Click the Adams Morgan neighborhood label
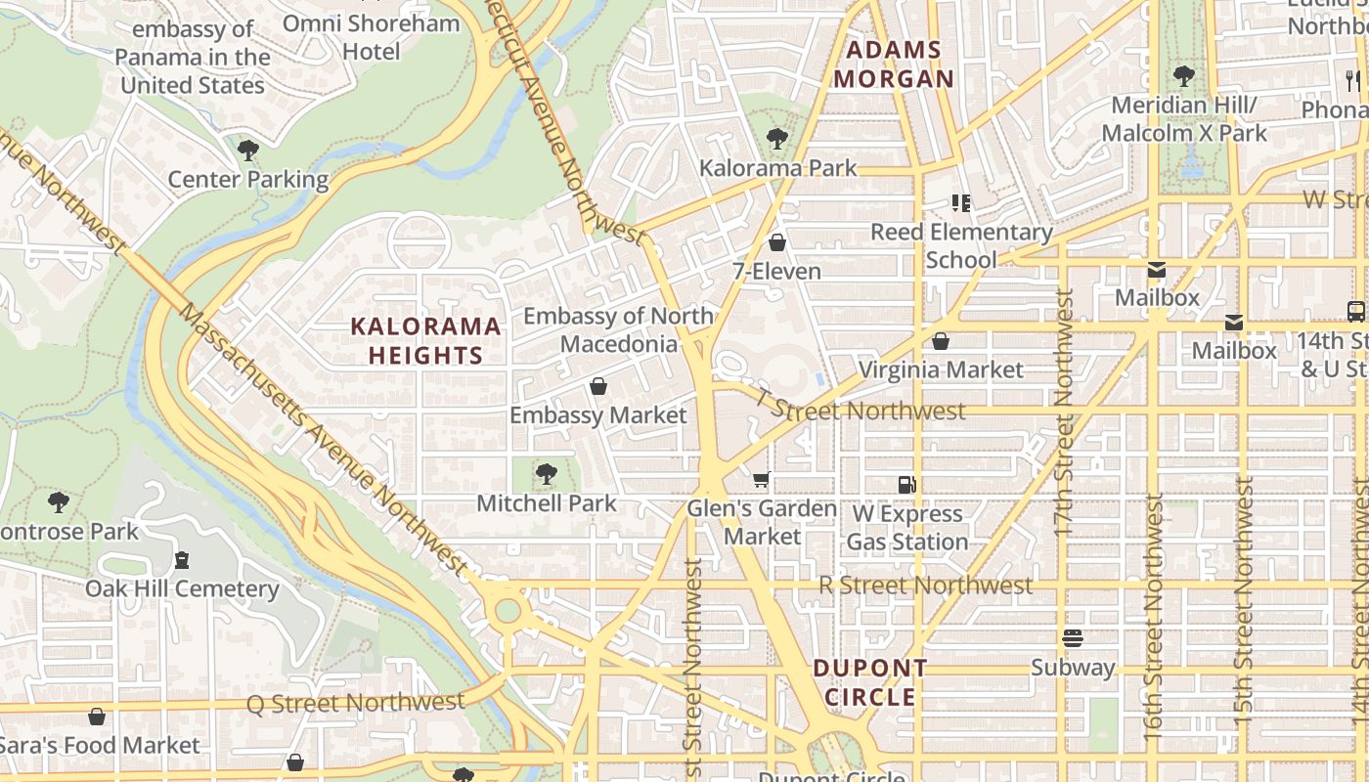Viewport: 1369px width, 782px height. [x=893, y=65]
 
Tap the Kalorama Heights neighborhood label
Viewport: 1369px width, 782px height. [x=426, y=340]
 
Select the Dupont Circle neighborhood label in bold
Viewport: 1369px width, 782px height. [x=870, y=682]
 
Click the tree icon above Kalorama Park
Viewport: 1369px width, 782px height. [x=777, y=139]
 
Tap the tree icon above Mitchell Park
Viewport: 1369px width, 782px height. [x=547, y=475]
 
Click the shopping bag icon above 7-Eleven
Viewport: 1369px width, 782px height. [x=777, y=242]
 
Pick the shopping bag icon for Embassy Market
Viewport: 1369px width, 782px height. [x=598, y=387]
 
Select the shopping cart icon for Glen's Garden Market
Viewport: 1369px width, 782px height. [x=761, y=480]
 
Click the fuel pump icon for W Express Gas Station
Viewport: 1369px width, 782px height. [x=906, y=485]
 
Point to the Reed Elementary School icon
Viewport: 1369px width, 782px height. [x=961, y=203]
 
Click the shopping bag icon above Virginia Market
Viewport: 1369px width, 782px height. [x=940, y=342]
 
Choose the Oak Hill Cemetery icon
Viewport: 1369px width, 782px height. [x=182, y=561]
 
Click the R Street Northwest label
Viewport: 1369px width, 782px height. [x=925, y=586]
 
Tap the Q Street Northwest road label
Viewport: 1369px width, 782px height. [x=355, y=703]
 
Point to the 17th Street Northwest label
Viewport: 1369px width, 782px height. [x=1064, y=411]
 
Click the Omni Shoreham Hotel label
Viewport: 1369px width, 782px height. [x=371, y=37]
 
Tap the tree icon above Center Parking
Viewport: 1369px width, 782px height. [x=248, y=151]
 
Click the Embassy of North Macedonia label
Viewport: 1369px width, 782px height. [x=619, y=329]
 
